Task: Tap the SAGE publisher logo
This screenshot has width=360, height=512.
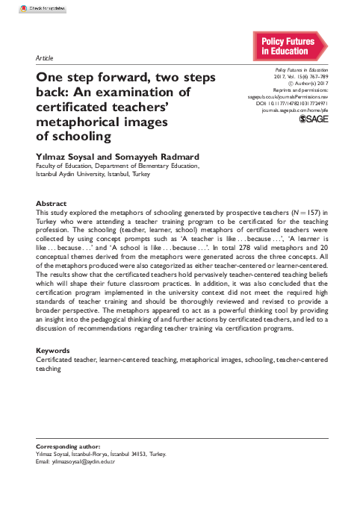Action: point(313,119)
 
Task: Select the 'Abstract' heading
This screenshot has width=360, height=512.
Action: point(52,203)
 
